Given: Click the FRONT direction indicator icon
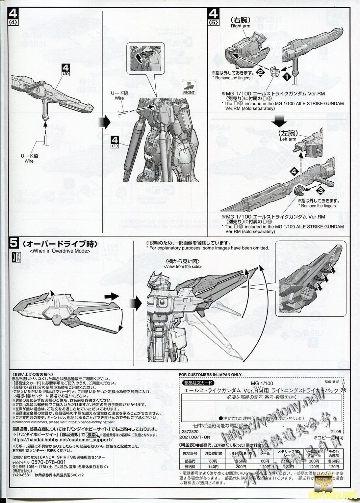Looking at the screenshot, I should click(x=190, y=88).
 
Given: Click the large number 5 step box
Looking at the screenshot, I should click(x=14, y=244).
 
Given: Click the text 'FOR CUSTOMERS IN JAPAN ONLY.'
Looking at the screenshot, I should click(x=210, y=375).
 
